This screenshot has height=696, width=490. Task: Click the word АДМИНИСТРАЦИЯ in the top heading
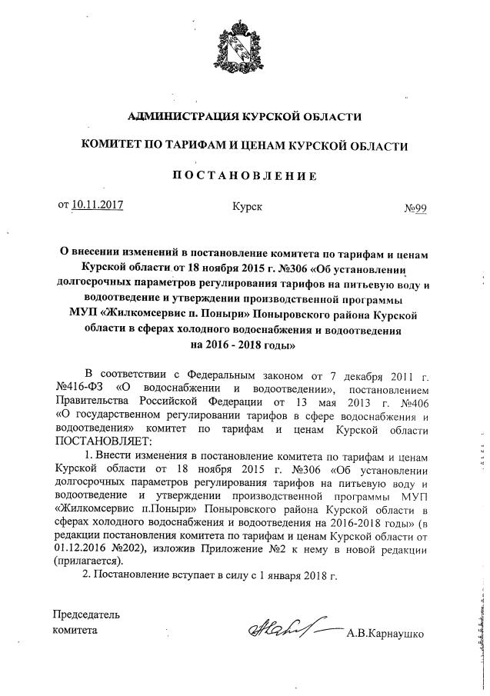[176, 117]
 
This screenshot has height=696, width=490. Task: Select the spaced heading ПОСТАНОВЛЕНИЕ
[245, 175]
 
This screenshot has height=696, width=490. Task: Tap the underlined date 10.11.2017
[98, 205]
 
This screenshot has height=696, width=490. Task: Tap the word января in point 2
[290, 575]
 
